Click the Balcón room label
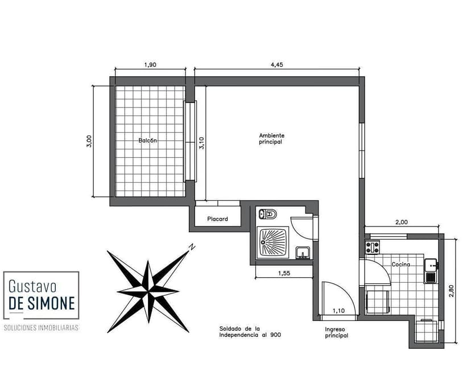[148, 141]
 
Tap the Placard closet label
[217, 219]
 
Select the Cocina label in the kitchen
[400, 265]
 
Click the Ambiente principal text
[271, 139]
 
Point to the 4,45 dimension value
[276, 65]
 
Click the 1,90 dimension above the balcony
[150, 65]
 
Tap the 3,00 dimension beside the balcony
[89, 141]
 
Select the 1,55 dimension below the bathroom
[284, 273]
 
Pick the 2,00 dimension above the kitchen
[402, 222]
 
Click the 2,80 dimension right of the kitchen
[451, 291]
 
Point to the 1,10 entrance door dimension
[338, 311]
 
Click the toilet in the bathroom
[268, 214]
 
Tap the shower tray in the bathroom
[272, 242]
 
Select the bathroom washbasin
[303, 253]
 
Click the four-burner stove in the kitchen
[372, 247]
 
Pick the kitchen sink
[431, 270]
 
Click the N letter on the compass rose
[192, 247]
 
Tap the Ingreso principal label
[336, 332]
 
